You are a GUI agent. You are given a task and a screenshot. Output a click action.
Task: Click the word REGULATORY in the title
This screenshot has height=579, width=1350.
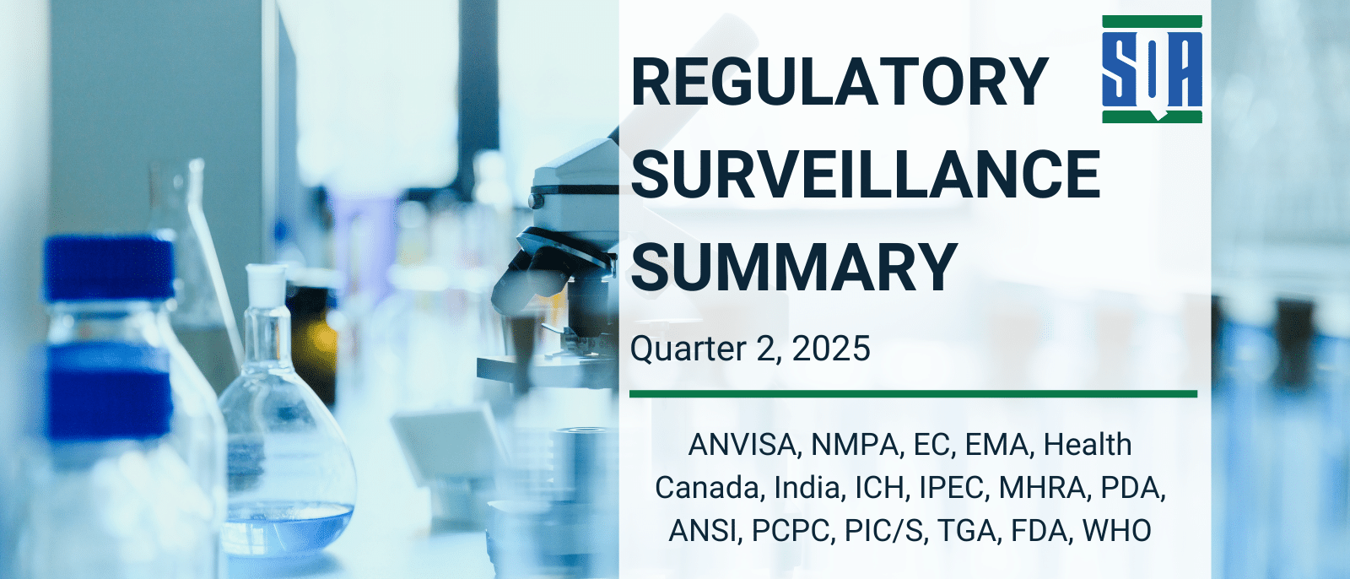point(840,82)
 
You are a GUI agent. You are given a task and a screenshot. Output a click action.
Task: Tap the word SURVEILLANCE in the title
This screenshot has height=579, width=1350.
point(866,175)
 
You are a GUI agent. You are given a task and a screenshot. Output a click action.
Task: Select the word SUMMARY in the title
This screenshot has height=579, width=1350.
point(794,267)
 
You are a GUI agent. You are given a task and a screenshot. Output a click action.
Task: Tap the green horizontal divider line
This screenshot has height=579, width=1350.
point(913,393)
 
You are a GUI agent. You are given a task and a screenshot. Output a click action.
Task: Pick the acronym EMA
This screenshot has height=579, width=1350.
point(998,445)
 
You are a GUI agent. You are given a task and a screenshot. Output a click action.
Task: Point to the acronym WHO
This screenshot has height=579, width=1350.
point(1116,531)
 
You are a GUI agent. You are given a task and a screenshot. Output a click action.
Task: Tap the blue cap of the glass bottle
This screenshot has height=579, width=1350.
point(108,266)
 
